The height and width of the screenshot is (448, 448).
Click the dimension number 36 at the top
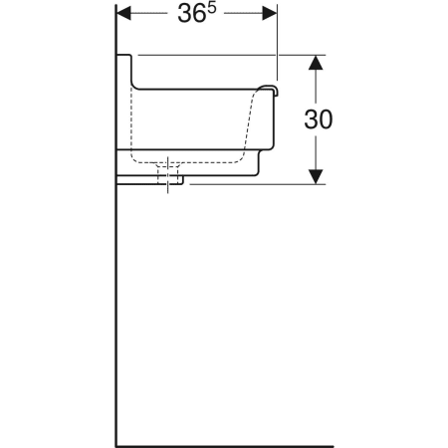pyautogui.click(x=191, y=14)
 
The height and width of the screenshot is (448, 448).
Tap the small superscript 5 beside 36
pyautogui.click(x=211, y=8)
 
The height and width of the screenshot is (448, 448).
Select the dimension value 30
pyautogui.click(x=319, y=119)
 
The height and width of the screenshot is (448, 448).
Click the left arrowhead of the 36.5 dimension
pyautogui.click(x=124, y=13)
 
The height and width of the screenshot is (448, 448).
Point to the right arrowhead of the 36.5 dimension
pyautogui.click(x=269, y=13)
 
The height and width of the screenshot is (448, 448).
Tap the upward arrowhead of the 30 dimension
pyautogui.click(x=316, y=63)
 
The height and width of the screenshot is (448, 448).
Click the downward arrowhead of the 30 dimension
pyautogui.click(x=316, y=176)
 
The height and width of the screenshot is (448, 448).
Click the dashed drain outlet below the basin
pyautogui.click(x=168, y=173)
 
